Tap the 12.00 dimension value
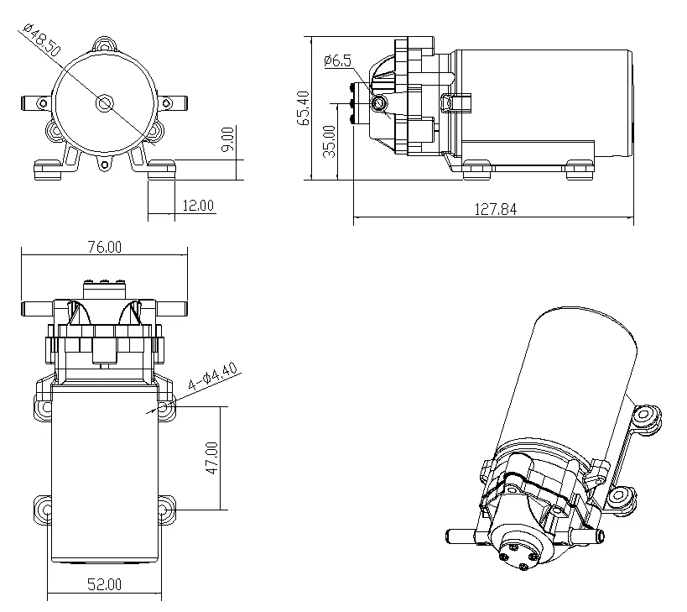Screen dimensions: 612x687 tap(197, 206)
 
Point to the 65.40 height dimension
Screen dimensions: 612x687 tap(303, 107)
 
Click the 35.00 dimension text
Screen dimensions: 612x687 tap(330, 140)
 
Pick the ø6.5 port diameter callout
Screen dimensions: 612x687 tap(337, 60)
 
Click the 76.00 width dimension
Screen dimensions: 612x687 tap(104, 247)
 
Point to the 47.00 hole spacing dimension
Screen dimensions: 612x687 tap(212, 458)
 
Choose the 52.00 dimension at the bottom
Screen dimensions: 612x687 tap(104, 584)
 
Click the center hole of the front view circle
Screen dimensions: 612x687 tap(104, 103)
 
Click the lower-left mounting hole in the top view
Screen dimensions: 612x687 tap(44, 509)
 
